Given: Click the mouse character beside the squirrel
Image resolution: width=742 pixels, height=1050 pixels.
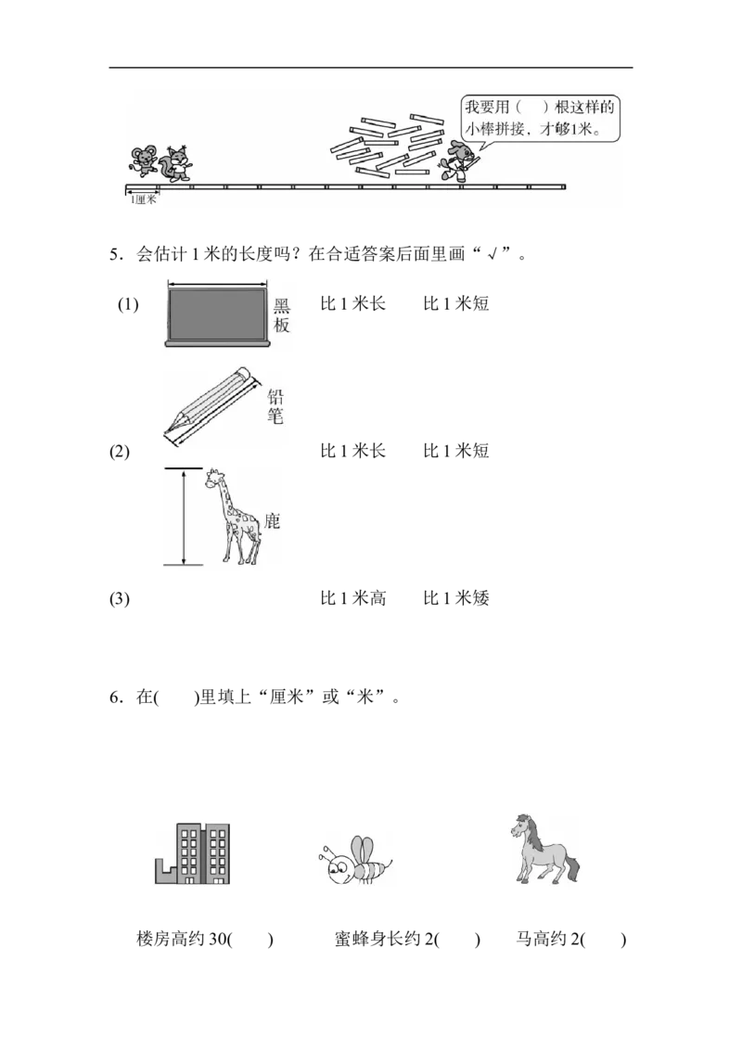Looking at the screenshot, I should click(x=141, y=160).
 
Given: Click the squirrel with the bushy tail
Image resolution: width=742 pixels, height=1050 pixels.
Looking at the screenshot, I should click(x=176, y=163).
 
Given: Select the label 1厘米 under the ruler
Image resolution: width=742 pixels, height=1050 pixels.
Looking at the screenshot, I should click(x=142, y=199).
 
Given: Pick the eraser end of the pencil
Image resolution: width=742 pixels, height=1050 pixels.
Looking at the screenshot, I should click(x=244, y=374).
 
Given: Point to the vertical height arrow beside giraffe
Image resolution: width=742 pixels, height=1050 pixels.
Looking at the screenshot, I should click(x=184, y=517).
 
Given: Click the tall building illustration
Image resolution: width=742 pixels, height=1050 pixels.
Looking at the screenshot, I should click(x=193, y=854).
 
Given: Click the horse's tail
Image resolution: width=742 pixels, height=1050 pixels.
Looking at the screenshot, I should click(x=573, y=870).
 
